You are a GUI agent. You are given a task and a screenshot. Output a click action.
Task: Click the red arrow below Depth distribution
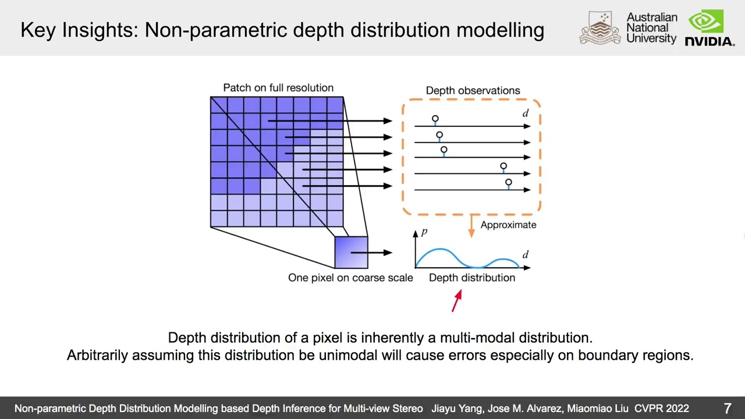(x=457, y=300)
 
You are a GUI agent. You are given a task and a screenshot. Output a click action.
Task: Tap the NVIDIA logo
(x=709, y=29)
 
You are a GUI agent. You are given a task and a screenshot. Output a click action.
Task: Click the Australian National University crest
(x=600, y=28)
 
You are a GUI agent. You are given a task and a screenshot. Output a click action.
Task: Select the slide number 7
(x=727, y=409)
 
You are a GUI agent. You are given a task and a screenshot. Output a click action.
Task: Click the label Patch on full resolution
(x=278, y=88)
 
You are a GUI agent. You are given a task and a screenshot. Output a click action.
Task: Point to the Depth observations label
(x=473, y=91)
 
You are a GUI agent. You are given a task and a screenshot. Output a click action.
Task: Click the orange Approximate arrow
(x=471, y=226)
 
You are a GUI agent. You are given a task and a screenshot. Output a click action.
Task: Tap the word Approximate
(x=508, y=225)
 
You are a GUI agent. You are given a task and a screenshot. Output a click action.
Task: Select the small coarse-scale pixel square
(x=351, y=253)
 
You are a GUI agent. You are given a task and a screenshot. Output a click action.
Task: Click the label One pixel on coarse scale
(x=350, y=278)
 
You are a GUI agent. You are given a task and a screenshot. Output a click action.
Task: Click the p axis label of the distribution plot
(x=424, y=232)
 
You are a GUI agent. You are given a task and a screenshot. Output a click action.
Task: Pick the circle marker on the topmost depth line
(x=435, y=119)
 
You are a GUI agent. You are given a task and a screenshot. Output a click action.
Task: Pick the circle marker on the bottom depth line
(x=508, y=183)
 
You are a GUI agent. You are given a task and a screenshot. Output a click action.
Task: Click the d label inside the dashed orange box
(x=526, y=114)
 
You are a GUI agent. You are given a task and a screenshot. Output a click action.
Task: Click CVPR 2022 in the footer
(x=661, y=409)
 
